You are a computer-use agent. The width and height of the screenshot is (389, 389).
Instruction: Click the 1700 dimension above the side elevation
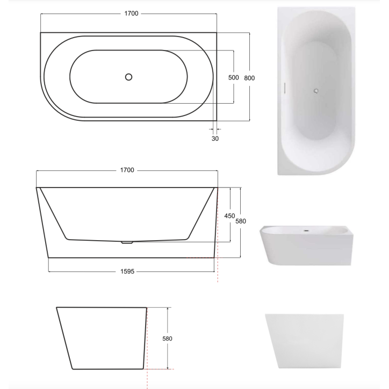pyautogui.click(x=127, y=170)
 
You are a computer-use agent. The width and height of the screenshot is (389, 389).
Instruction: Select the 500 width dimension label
pyautogui.click(x=233, y=77)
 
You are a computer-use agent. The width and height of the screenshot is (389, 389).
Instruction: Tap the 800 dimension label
pyautogui.click(x=249, y=77)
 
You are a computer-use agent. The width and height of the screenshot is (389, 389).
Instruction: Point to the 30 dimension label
pyautogui.click(x=215, y=138)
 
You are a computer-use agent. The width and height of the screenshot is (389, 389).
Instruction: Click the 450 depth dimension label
pyautogui.click(x=229, y=215)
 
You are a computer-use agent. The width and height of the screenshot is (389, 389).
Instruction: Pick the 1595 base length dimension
pyautogui.click(x=127, y=272)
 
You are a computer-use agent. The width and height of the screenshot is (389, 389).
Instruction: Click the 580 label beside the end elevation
pyautogui.click(x=167, y=339)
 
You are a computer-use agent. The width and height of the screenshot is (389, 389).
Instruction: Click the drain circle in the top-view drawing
pyautogui.click(x=128, y=77)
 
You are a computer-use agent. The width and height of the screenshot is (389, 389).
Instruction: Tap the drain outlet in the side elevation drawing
pyautogui.click(x=127, y=242)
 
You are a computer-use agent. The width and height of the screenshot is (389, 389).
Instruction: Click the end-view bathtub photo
pyautogui.click(x=304, y=341)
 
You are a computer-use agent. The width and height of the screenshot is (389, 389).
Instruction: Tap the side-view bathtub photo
pyautogui.click(x=307, y=245)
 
